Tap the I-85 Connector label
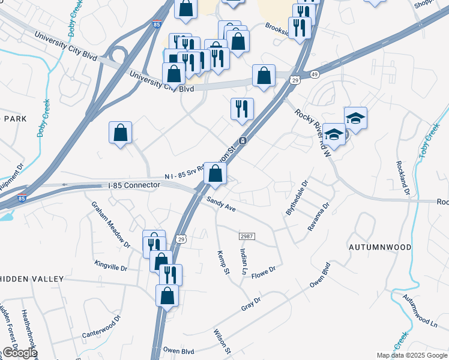pyautogui.click(x=134, y=185)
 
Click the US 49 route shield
pyautogui.click(x=314, y=74)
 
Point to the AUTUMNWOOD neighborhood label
pyautogui.click(x=380, y=247)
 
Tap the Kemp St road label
pyautogui.click(x=223, y=263)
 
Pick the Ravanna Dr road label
pyautogui.click(x=318, y=217)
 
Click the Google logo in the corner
pyautogui.click(x=19, y=353)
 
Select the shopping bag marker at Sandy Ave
pyautogui.click(x=215, y=174)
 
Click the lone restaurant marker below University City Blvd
pyautogui.click(x=242, y=109)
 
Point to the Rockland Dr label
pyautogui.click(x=403, y=178)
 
